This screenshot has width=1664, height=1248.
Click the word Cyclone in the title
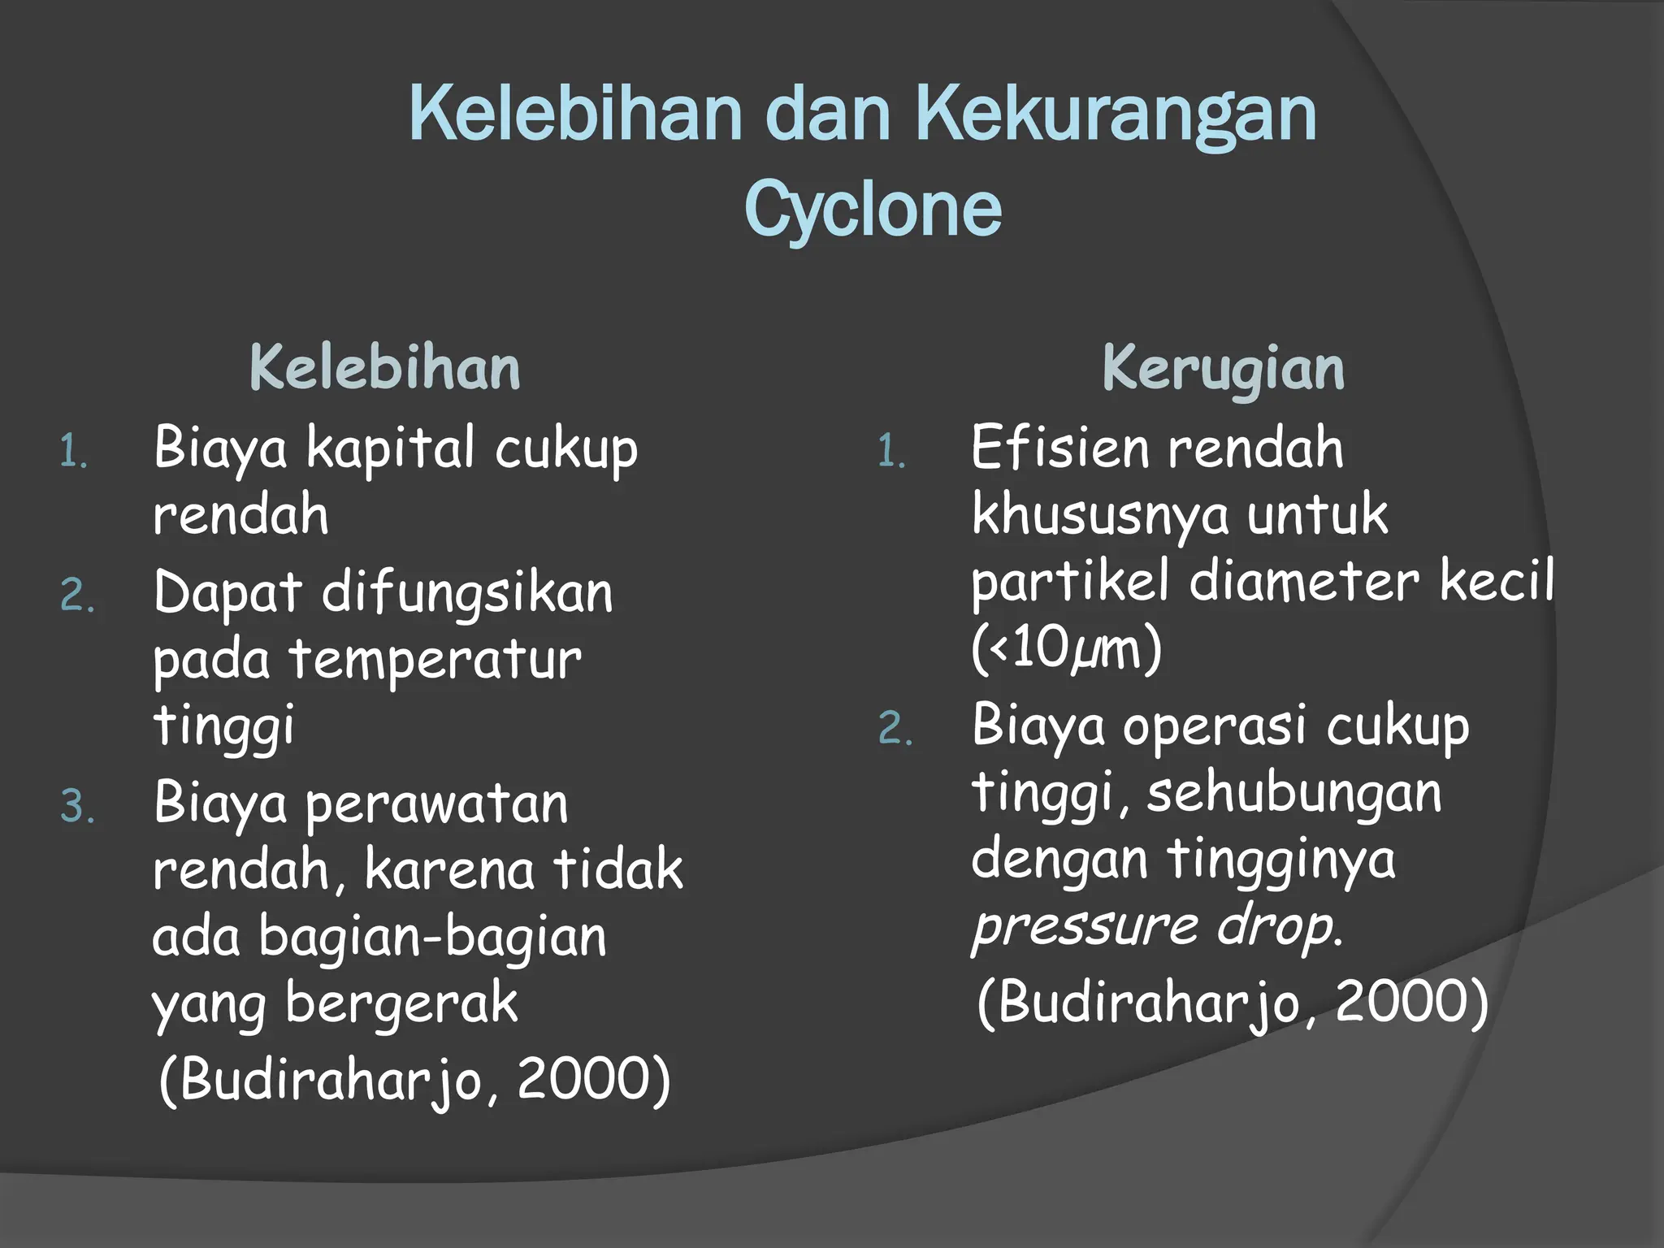tap(873, 210)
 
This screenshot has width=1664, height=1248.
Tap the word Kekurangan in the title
tap(1116, 115)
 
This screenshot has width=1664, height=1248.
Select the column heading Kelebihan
tap(384, 368)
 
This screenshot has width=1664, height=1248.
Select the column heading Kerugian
tap(1223, 368)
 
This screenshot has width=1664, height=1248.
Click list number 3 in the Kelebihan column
tap(77, 807)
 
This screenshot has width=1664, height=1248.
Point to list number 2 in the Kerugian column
tap(895, 729)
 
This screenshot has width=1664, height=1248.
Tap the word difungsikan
tap(467, 594)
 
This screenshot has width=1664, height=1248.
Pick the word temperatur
tap(436, 660)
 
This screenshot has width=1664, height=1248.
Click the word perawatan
tap(436, 805)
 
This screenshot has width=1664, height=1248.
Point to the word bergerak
tap(401, 1003)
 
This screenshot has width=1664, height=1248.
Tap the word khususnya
tap(1099, 515)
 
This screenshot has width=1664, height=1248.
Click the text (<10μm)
tap(1066, 649)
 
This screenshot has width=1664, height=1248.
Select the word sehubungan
tap(1293, 793)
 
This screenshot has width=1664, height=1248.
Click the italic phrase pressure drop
tap(1157, 926)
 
